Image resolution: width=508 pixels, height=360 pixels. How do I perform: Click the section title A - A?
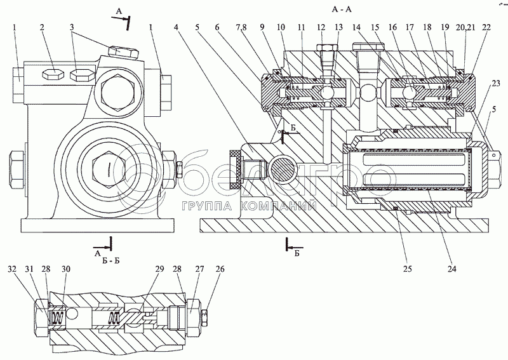(x=342, y=9)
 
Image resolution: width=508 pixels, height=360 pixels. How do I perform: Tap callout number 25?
(x=407, y=269)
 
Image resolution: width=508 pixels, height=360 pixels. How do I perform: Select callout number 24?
(x=451, y=269)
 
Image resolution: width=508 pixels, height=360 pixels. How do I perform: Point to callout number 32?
(x=12, y=269)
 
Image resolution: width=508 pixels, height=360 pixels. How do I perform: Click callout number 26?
(x=220, y=269)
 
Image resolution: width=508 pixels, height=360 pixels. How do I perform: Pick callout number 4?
(x=176, y=27)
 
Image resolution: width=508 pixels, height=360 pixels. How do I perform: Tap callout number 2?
(x=42, y=27)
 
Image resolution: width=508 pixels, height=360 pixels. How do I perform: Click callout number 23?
(x=495, y=83)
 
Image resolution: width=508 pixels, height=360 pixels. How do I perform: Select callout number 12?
(x=321, y=27)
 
